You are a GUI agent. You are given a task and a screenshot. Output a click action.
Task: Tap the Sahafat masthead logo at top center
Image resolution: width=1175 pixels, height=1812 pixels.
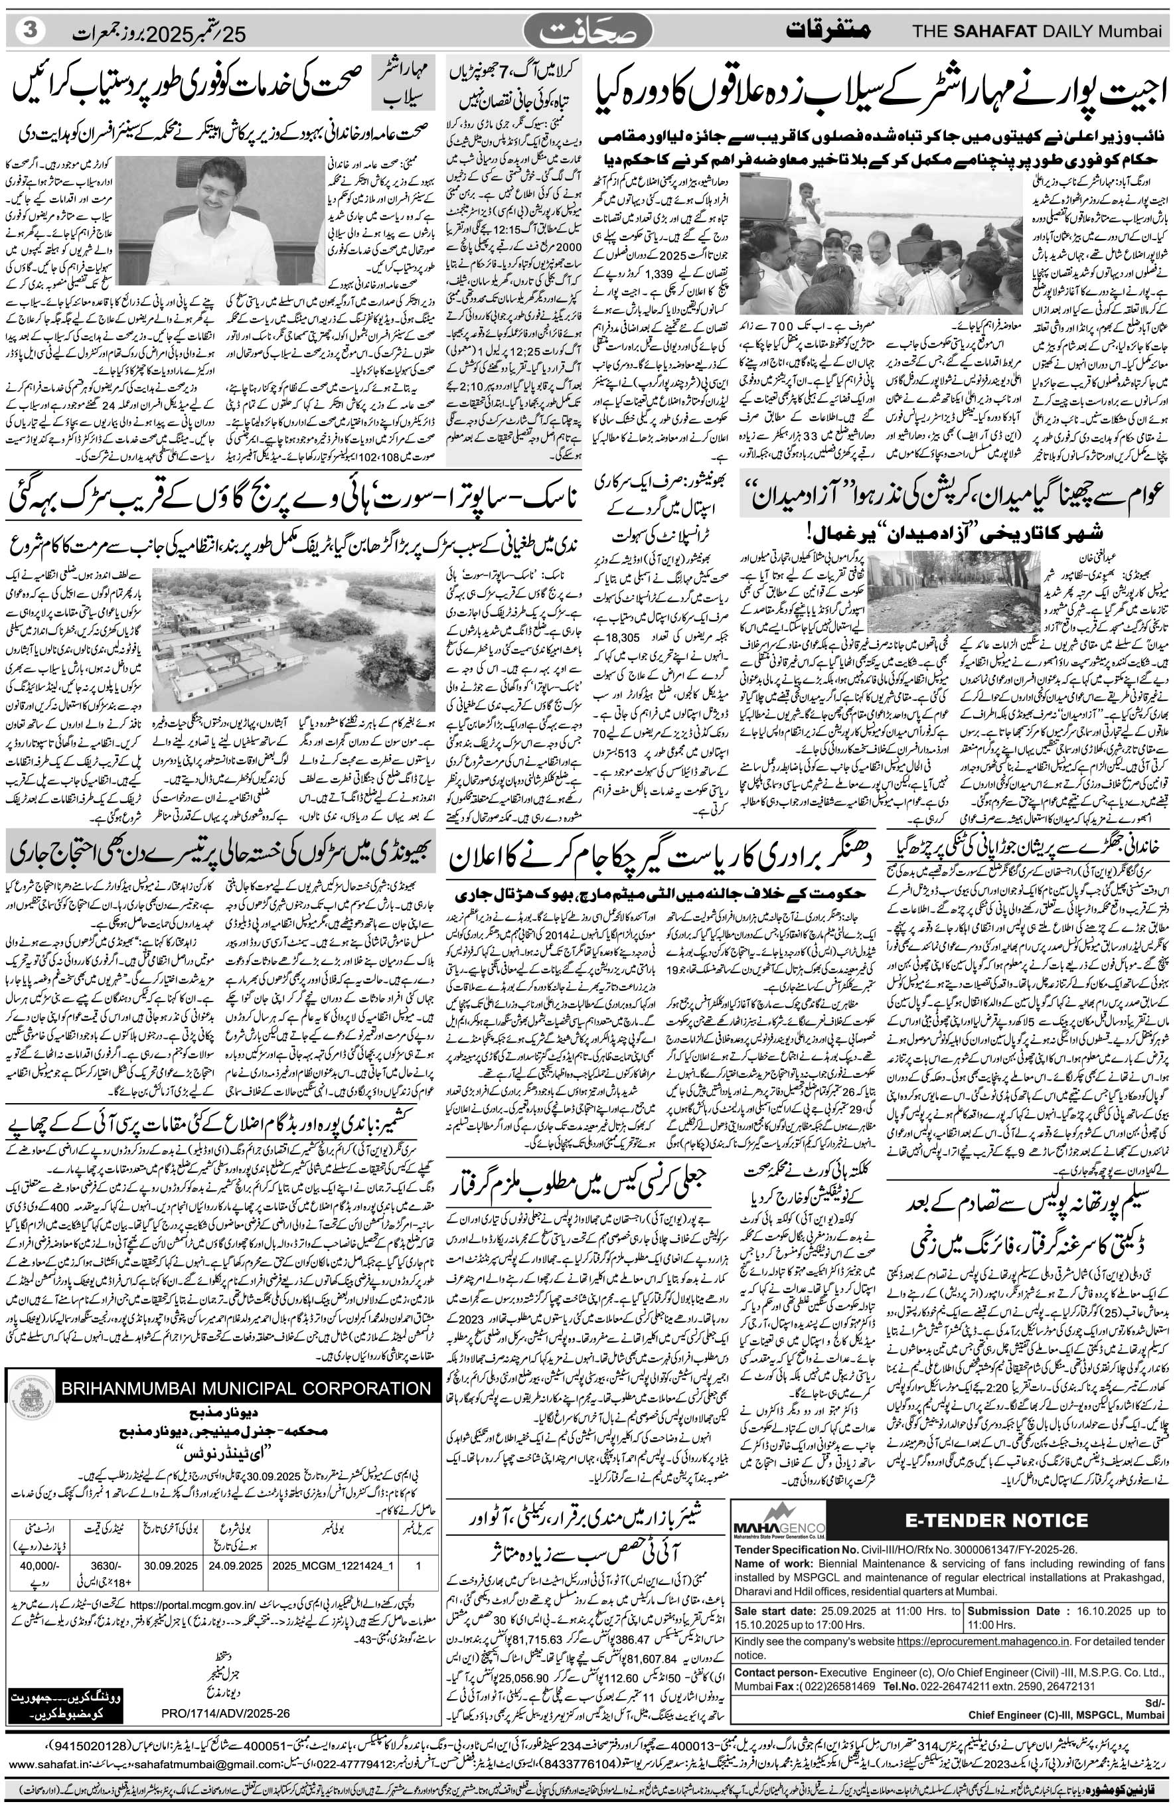pos(589,33)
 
